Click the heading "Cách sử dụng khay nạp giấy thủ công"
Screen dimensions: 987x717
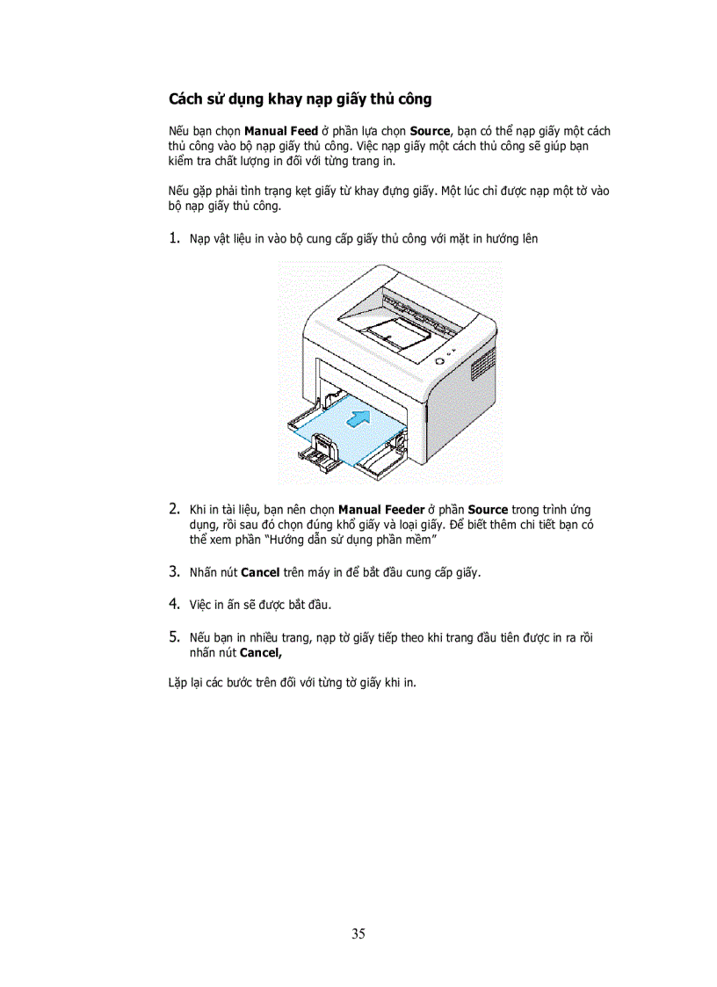tap(300, 98)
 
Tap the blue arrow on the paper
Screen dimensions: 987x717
tap(355, 421)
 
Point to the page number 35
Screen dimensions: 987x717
tap(358, 933)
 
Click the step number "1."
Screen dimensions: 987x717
tap(175, 238)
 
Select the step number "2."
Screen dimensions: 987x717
tap(175, 509)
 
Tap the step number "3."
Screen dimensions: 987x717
tap(175, 571)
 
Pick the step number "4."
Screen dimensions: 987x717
tap(175, 604)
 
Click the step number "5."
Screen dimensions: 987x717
tap(175, 636)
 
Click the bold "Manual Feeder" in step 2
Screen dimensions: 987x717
tap(380, 510)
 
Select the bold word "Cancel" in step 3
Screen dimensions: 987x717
tap(259, 572)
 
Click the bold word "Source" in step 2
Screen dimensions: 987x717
tap(488, 510)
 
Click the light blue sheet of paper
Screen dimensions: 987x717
tap(343, 439)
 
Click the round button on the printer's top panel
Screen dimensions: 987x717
tap(439, 360)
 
